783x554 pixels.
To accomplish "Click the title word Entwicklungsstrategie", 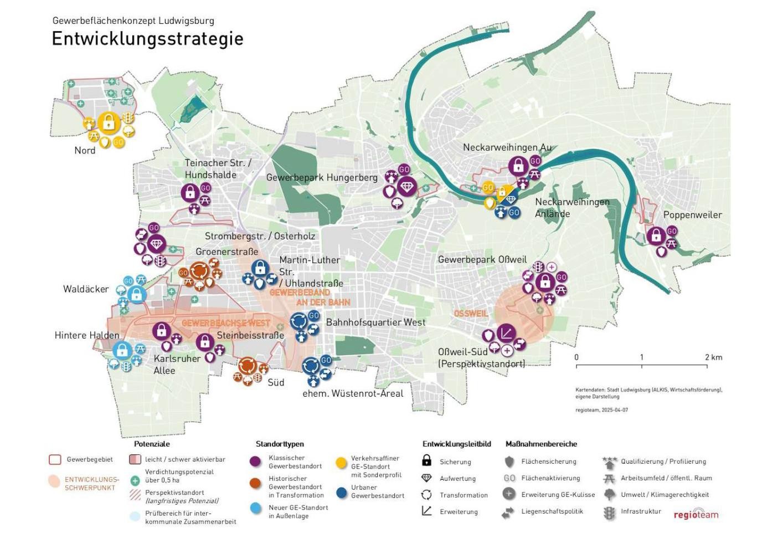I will (147, 39).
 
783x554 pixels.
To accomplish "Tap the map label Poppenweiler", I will (692, 215).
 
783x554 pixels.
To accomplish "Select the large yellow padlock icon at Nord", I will (109, 122).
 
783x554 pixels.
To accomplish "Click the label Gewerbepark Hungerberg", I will (322, 177).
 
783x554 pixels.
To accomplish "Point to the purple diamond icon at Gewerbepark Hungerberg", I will (407, 187).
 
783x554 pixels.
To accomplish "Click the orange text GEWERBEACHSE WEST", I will (226, 323).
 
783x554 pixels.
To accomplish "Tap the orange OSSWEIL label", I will (471, 314).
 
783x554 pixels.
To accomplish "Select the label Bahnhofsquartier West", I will (375, 322).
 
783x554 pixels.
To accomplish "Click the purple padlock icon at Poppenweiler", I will (656, 236).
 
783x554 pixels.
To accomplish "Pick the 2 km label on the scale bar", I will (713, 357).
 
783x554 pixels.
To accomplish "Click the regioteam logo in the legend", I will (696, 514).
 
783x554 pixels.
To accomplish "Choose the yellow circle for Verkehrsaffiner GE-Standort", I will (341, 463).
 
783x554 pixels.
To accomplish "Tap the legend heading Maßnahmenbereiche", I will (541, 444).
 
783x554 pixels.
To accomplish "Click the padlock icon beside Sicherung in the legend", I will (426, 460).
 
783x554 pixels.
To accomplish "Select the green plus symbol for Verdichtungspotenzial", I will (135, 480).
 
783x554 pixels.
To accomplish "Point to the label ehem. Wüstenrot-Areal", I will (353, 393).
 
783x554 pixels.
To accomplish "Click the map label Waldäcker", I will (86, 289).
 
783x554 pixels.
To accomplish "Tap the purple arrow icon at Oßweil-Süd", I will (505, 334).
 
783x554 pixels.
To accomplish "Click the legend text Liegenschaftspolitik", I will (552, 511).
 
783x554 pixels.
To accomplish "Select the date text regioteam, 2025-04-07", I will (601, 410).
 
